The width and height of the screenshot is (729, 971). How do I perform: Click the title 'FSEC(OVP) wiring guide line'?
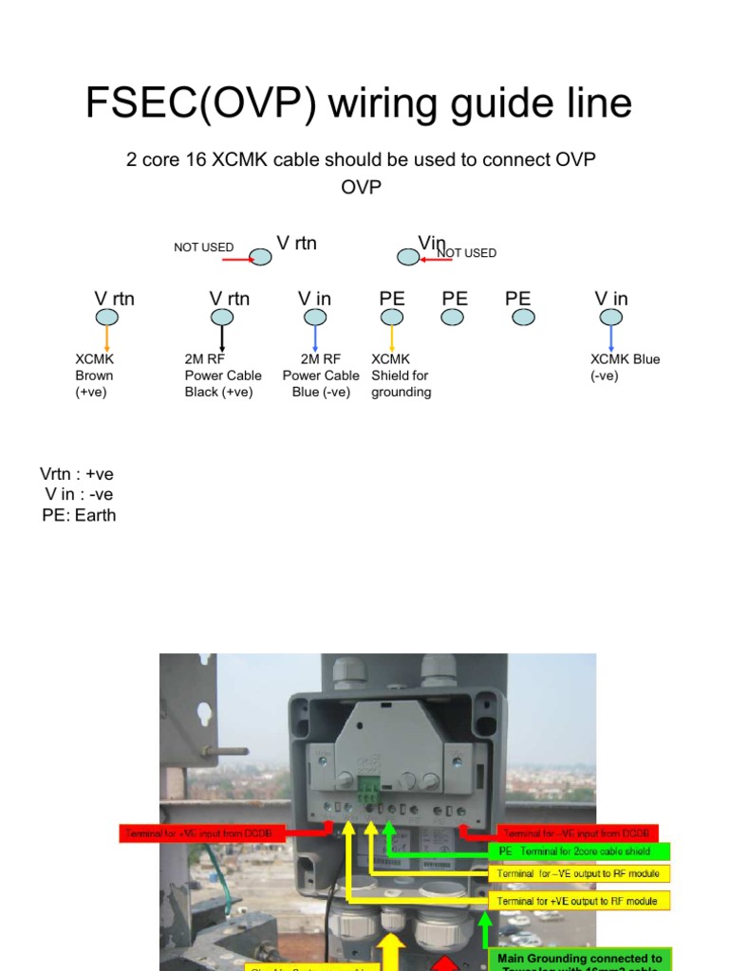coord(359,103)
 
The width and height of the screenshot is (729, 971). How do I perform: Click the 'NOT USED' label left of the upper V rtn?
coord(203,247)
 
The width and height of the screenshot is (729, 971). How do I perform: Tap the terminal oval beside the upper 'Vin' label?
coord(407,256)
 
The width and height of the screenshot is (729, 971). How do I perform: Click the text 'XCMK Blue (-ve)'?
coord(625,367)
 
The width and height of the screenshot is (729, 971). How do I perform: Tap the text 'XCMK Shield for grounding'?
coord(401,376)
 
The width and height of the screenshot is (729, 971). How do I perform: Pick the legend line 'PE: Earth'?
coord(79,516)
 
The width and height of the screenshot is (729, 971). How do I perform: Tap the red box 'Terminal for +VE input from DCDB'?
coord(204,834)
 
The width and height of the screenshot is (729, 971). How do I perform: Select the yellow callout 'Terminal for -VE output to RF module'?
coord(579,873)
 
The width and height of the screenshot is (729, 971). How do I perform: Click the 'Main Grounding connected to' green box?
coord(580,959)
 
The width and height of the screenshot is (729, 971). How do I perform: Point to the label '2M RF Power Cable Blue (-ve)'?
coord(321,376)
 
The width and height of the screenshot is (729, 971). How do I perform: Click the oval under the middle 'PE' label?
coord(454,318)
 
